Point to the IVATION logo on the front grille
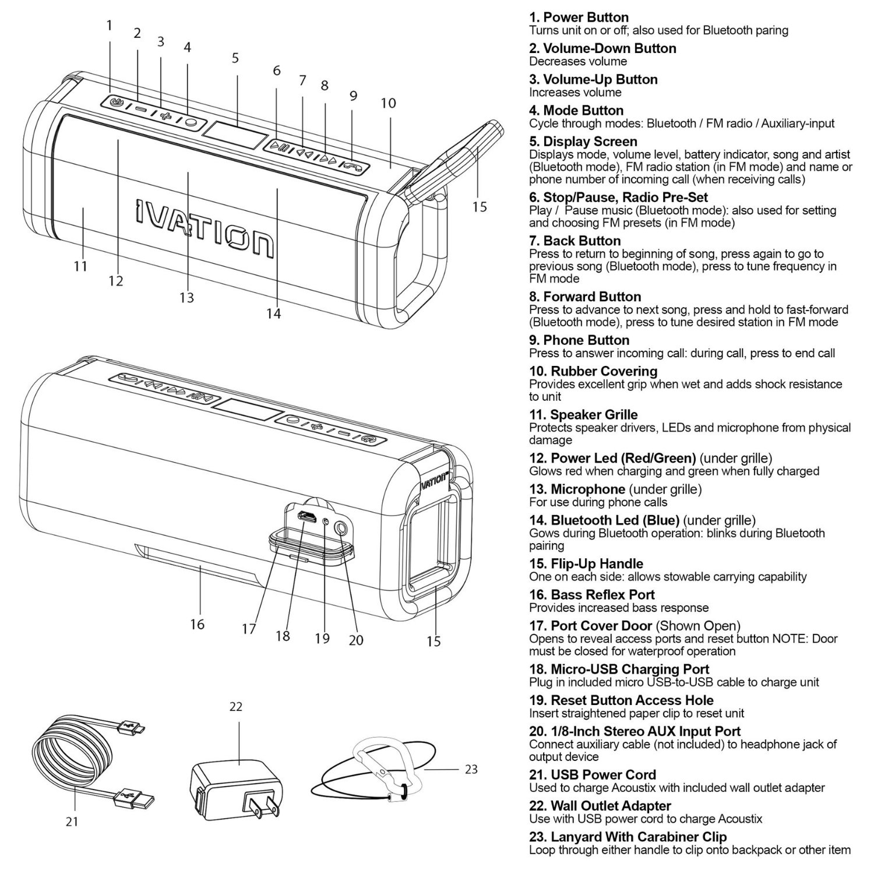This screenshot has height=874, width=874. [x=204, y=227]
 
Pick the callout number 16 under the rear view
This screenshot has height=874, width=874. [x=197, y=624]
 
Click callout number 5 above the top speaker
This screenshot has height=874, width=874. [x=235, y=58]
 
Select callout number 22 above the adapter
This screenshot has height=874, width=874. [x=235, y=706]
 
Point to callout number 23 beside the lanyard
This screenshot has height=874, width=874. [x=471, y=769]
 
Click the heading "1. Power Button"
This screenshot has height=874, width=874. [x=579, y=17]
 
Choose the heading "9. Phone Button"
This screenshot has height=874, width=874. [x=579, y=340]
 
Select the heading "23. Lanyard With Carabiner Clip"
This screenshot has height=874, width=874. [x=628, y=837]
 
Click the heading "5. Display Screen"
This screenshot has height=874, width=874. [x=583, y=142]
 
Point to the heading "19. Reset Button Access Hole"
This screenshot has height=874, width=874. [x=621, y=700]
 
